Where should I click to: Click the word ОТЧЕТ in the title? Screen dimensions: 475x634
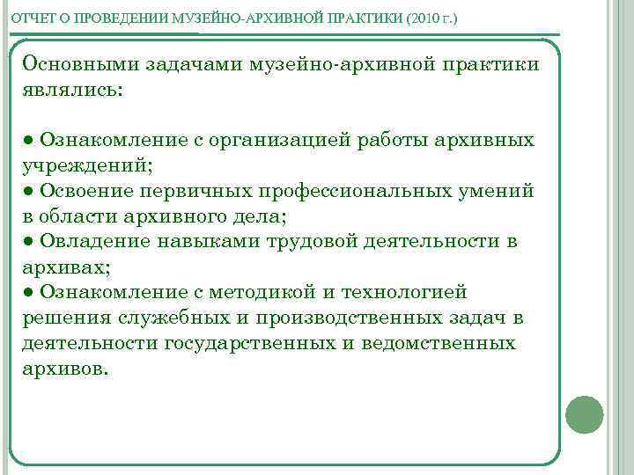click(x=30, y=18)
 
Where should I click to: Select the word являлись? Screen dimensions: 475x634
click(x=75, y=90)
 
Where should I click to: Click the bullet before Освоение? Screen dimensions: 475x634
click(x=28, y=191)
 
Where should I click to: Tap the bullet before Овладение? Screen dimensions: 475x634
click(x=28, y=241)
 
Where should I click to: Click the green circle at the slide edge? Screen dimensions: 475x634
click(x=584, y=414)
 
